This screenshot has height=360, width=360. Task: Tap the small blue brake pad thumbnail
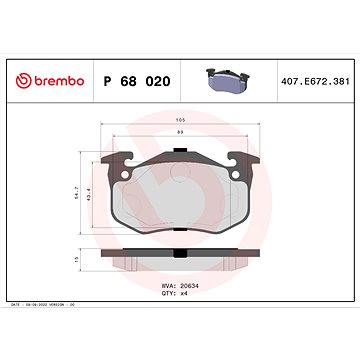(x=229, y=77)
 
